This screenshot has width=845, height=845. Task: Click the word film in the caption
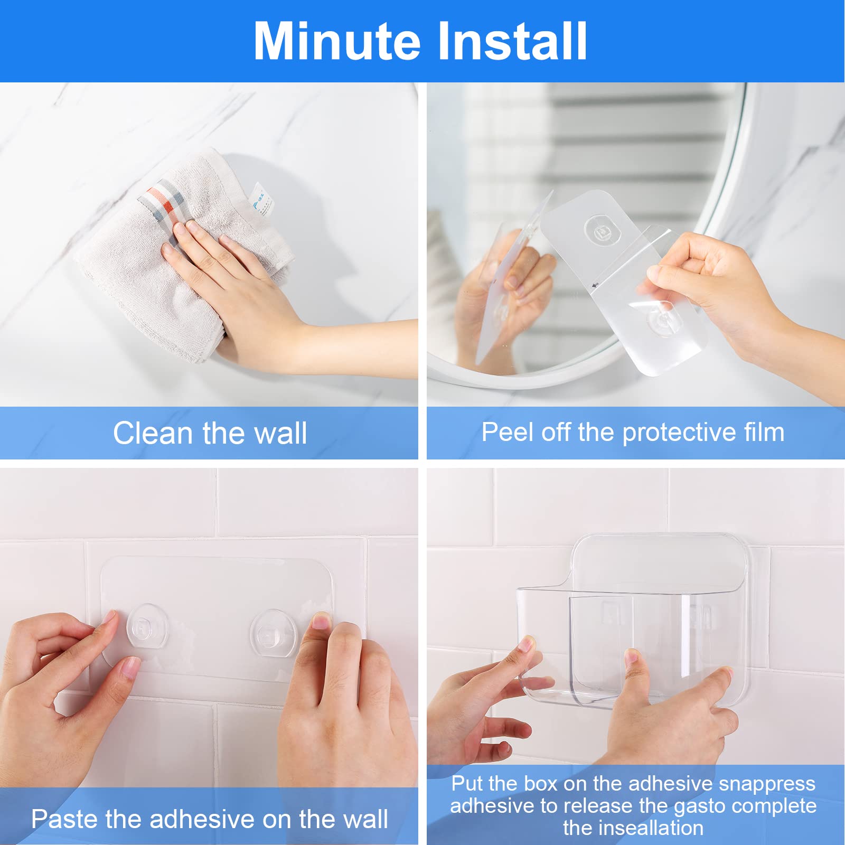764,432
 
